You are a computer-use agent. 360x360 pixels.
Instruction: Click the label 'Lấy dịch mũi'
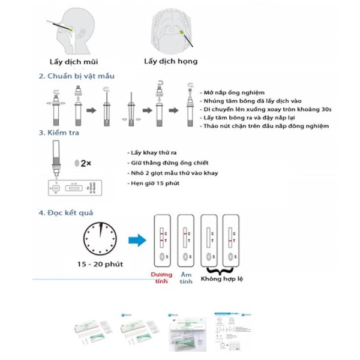[x=73, y=61]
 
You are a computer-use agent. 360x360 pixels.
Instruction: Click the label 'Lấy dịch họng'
[x=170, y=61]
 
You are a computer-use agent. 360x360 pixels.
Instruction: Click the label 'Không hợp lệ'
[x=222, y=279]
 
